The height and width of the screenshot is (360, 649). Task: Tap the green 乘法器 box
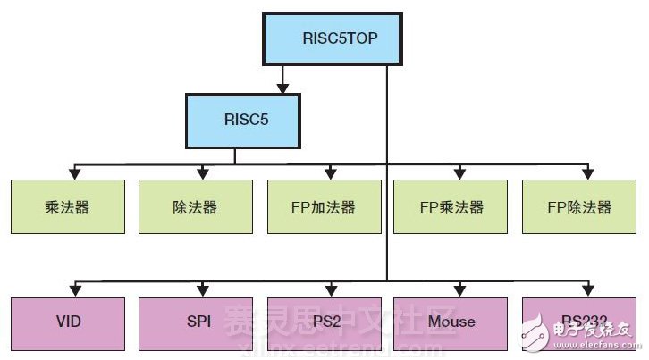[x=68, y=206]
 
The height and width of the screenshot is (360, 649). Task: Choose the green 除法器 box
[x=194, y=206]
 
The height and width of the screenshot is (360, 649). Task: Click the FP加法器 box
[x=324, y=206]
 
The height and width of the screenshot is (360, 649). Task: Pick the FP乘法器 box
[x=451, y=206]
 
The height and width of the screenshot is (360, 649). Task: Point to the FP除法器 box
[x=579, y=206]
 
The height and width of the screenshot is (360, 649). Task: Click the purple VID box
[x=68, y=321]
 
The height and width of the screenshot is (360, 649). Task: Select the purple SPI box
[x=194, y=321]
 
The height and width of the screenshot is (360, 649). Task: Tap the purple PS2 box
[x=324, y=321]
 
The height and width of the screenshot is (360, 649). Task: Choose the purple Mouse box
[x=451, y=321]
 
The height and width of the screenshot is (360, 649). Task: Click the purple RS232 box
[x=579, y=321]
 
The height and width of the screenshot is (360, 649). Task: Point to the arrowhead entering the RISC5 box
[x=282, y=89]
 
